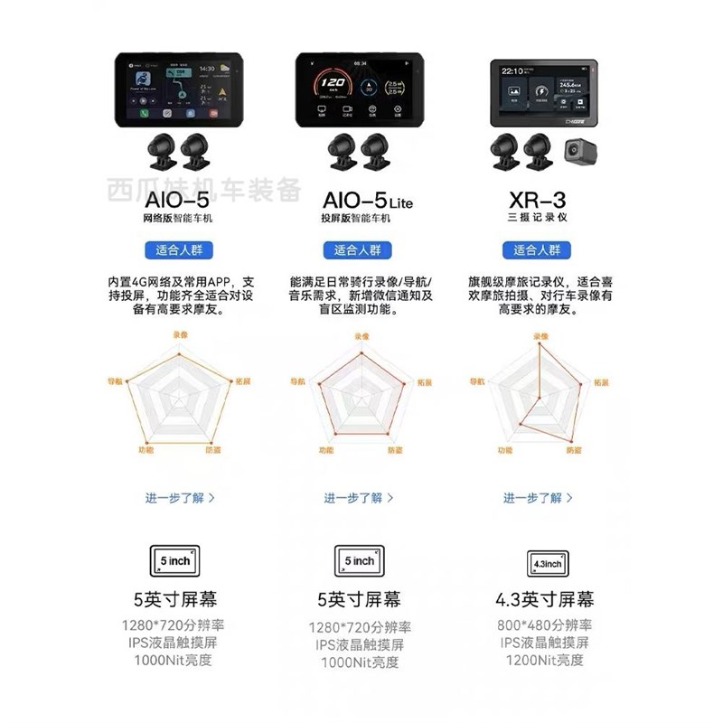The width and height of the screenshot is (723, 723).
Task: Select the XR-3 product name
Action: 537,199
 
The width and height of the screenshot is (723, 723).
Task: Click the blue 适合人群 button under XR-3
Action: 537,250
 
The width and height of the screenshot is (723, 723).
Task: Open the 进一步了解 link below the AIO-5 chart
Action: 180,497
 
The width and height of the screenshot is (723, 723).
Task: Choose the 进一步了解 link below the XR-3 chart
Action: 537,497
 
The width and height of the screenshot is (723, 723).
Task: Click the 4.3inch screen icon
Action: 547,563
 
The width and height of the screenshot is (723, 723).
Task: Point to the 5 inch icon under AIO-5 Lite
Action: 359,560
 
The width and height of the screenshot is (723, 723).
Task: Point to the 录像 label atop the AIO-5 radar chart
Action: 180,334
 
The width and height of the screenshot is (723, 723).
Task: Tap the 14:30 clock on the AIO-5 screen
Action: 207,69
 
